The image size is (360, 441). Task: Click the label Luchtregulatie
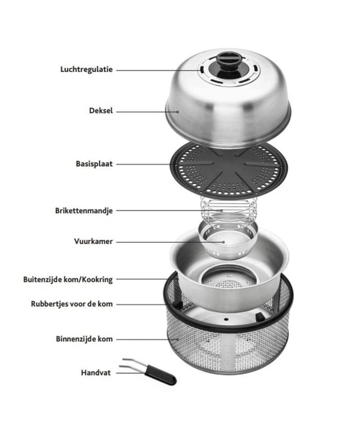pyautogui.click(x=86, y=70)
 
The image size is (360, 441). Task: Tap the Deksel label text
pyautogui.click(x=101, y=111)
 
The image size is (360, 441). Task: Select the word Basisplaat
pyautogui.click(x=94, y=164)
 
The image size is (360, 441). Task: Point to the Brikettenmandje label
pyautogui.click(x=84, y=211)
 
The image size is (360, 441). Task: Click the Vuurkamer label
pyautogui.click(x=94, y=241)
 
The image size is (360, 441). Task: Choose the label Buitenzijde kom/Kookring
pyautogui.click(x=68, y=280)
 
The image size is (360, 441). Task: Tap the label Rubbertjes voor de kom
pyautogui.click(x=72, y=304)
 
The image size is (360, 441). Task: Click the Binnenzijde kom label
pyautogui.click(x=84, y=339)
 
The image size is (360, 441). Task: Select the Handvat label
pyautogui.click(x=96, y=373)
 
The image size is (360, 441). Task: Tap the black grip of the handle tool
pyautogui.click(x=161, y=375)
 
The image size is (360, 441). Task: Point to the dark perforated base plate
pyautogui.click(x=228, y=171)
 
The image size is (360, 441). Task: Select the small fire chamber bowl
pyautogui.click(x=228, y=240)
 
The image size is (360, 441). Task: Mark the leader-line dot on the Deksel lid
pyautogui.click(x=178, y=112)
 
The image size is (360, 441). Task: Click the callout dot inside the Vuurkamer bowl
pyautogui.click(x=224, y=242)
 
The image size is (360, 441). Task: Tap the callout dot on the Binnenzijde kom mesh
pyautogui.click(x=178, y=339)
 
